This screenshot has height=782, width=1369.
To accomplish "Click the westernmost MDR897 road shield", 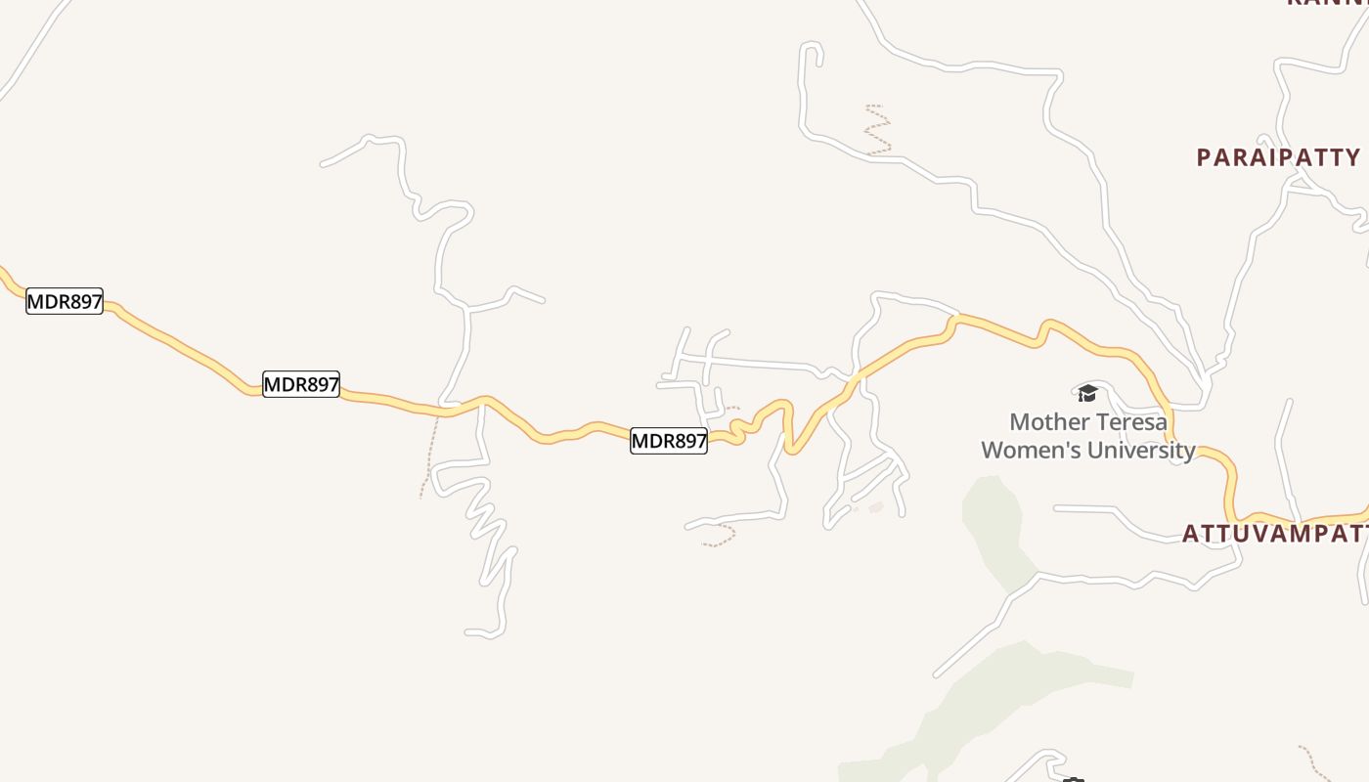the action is (65, 301).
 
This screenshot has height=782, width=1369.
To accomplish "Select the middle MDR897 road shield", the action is (301, 384).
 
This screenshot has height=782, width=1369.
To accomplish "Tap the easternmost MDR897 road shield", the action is (669, 441).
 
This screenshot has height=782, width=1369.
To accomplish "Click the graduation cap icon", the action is (1087, 393).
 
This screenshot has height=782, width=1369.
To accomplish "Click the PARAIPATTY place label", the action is (1278, 157).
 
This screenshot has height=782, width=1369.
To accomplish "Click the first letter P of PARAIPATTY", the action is (1205, 157).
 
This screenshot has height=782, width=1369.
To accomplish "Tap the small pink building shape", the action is (875, 507).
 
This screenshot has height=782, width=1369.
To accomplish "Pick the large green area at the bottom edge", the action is (988, 704).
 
